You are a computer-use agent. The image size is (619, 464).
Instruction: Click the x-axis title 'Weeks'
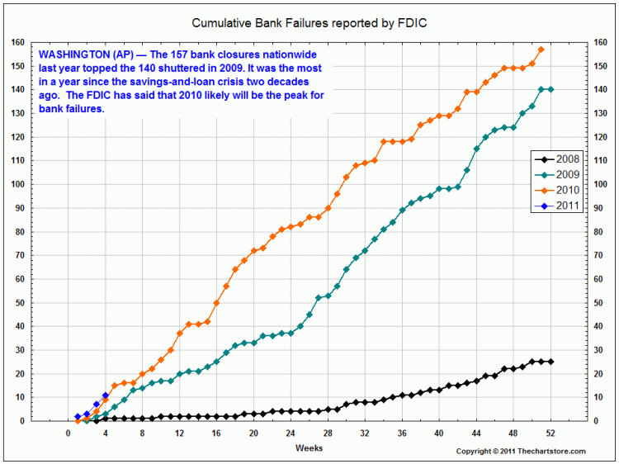click(x=309, y=447)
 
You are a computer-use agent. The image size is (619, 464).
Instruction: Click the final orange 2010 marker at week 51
click(x=541, y=50)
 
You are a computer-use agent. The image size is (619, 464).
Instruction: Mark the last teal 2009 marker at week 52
click(x=550, y=89)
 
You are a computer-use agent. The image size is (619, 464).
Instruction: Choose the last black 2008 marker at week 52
click(x=550, y=362)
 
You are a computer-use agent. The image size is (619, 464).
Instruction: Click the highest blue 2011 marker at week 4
click(x=105, y=395)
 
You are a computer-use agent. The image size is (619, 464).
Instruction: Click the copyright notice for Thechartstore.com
click(x=521, y=451)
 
